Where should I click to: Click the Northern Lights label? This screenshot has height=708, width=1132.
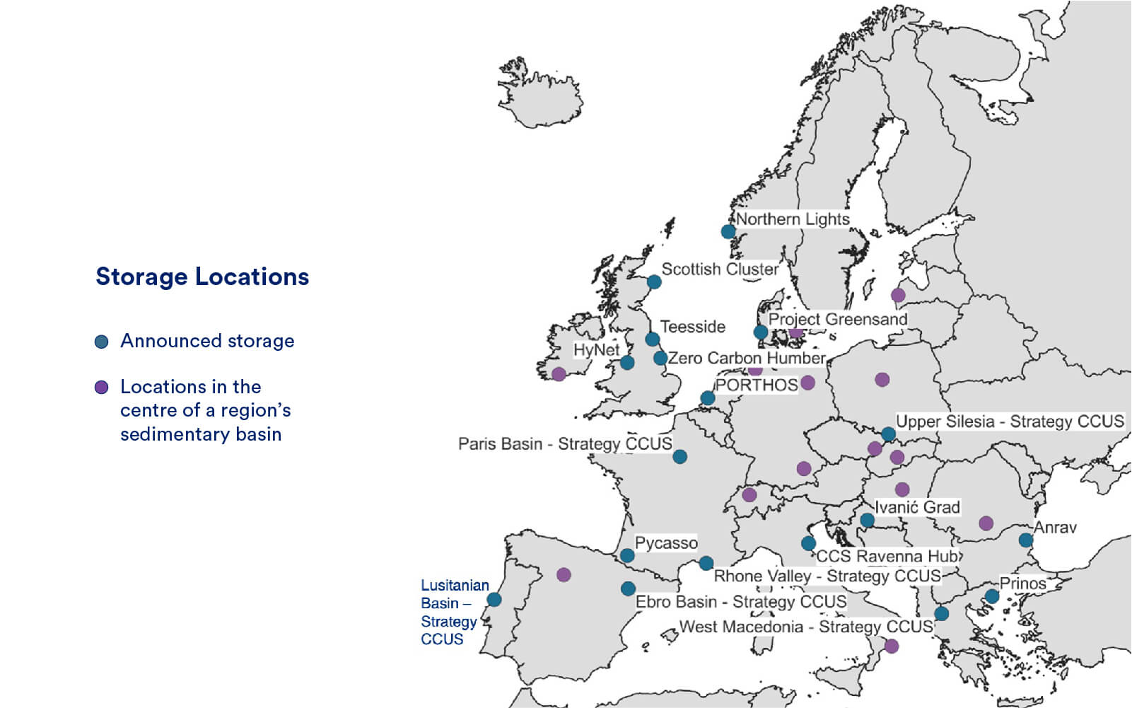[793, 219]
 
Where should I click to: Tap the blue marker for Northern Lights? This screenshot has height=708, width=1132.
[728, 231]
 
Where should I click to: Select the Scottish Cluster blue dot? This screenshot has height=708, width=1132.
[654, 282]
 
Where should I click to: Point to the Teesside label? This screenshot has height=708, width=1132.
[693, 327]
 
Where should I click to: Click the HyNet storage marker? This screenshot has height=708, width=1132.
[627, 363]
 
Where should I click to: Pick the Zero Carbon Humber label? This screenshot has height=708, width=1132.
[747, 358]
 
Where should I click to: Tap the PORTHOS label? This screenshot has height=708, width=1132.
[757, 385]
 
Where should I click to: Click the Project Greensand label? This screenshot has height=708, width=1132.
[838, 319]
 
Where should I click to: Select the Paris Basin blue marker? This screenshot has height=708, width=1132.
[679, 457]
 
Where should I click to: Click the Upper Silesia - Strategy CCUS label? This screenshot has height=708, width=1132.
[1010, 422]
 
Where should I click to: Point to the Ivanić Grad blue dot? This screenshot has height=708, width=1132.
[868, 521]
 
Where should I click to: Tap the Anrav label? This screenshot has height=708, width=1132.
[1055, 527]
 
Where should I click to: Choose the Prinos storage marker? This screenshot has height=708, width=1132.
[992, 596]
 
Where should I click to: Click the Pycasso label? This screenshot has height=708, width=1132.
[666, 542]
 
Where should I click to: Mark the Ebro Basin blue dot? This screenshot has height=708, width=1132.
[628, 588]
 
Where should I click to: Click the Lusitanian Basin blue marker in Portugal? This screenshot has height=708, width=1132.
[494, 600]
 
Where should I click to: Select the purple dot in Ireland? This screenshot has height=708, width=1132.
[559, 374]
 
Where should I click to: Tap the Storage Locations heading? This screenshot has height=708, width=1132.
[202, 277]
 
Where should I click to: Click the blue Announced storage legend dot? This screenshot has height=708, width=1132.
[102, 342]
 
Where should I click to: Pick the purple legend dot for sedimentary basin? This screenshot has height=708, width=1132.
[102, 388]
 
